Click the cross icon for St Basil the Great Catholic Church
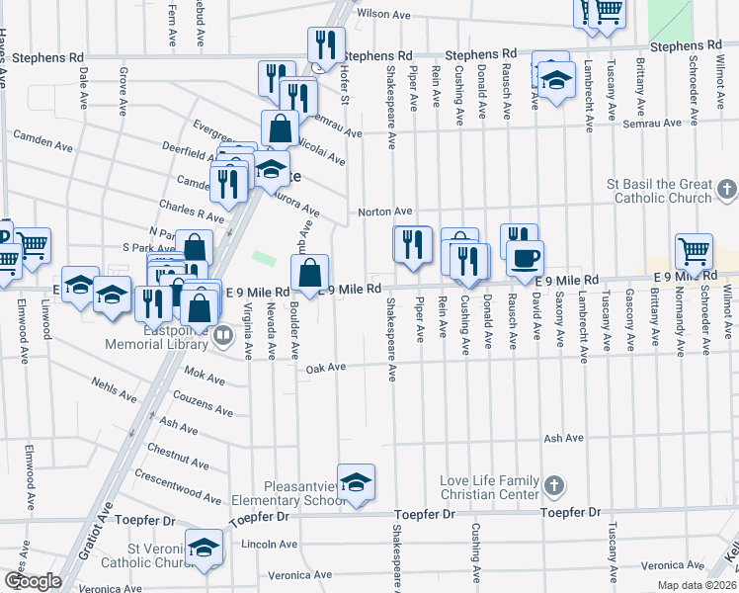tap(726, 188)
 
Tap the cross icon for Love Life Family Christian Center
tap(554, 485)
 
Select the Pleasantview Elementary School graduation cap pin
tap(356, 482)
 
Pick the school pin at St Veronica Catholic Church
tap(205, 548)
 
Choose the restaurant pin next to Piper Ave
tap(412, 244)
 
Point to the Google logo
tap(33, 581)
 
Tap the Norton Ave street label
tap(384, 212)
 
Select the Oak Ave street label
tap(325, 368)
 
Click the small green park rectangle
tap(263, 258)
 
